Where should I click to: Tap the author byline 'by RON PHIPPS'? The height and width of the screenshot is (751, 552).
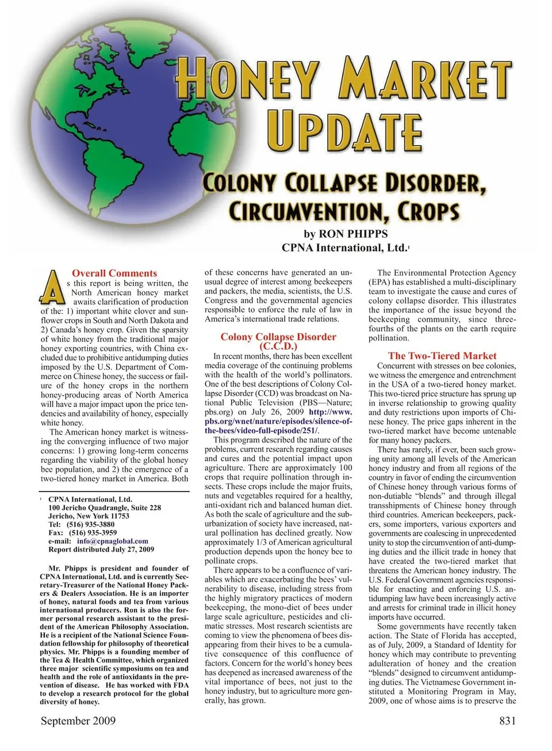pos(346,234)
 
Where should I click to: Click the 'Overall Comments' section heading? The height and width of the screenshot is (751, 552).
pos(114,273)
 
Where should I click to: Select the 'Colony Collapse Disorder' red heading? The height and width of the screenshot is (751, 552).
pos(278,337)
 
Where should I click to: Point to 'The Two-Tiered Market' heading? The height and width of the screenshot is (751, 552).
pos(442,356)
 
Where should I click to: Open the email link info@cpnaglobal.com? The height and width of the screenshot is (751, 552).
pos(112,541)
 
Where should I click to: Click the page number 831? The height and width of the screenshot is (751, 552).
pos(507,721)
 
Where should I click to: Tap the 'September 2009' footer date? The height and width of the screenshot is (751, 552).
pos(78,721)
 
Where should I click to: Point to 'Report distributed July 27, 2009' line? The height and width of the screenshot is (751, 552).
pos(101,550)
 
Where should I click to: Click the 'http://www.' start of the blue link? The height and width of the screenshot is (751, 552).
pos(330,412)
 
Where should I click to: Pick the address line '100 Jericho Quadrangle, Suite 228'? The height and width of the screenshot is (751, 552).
pos(105,508)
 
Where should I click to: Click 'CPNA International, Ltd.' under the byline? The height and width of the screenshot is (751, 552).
pos(344,248)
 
